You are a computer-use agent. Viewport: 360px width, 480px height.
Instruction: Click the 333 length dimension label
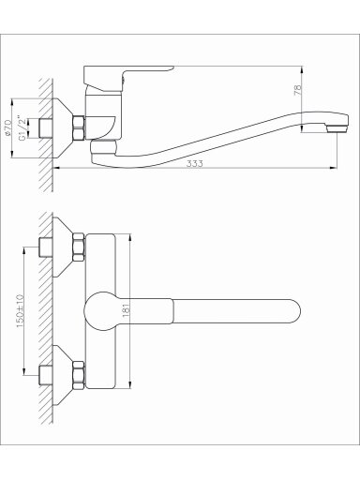tap(194, 163)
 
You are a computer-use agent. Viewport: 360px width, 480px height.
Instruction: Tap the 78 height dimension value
tap(298, 90)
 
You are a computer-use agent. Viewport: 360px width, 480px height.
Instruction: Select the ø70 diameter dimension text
tap(8, 127)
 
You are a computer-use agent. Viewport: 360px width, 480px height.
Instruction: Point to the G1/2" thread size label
tap(22, 128)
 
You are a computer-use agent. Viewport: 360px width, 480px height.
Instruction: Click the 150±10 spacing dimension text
tap(20, 311)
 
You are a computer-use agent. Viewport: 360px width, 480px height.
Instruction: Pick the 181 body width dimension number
tap(127, 310)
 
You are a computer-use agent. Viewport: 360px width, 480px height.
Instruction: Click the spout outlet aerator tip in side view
tap(337, 128)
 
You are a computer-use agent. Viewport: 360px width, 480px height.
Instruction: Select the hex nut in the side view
tap(79, 127)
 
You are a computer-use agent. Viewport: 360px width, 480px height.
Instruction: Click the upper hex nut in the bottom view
tap(79, 247)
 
